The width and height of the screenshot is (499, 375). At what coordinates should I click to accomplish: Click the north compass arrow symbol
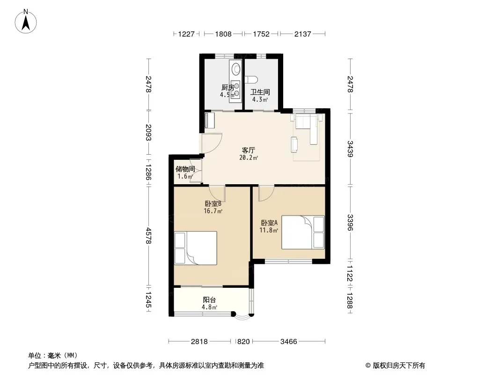point(26,22)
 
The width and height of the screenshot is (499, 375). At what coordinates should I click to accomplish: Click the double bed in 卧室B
point(196,248)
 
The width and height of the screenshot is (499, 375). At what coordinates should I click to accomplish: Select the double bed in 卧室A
point(303,232)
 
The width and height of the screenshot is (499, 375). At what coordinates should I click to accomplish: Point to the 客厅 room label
point(249,150)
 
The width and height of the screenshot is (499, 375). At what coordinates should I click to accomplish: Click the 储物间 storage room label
point(185,169)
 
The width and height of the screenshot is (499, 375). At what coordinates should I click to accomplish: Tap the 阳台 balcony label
point(209,300)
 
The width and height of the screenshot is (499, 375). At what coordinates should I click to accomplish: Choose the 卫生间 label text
point(260,92)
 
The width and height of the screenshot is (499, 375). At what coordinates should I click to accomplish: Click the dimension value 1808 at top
point(223,34)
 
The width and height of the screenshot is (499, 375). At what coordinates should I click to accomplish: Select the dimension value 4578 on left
point(148,236)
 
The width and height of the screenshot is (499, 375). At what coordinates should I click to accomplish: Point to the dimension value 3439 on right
point(350,149)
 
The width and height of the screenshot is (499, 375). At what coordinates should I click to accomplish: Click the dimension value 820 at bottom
point(243,342)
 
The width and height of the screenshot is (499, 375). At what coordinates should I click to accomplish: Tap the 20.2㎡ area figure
point(249,157)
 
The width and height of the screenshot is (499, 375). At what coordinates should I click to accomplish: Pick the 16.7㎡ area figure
point(213,211)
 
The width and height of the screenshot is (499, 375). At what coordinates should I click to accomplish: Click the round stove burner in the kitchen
point(236,69)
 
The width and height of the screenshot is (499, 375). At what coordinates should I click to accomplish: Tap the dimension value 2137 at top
point(302,34)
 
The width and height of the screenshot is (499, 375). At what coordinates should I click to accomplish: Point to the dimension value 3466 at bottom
point(289,342)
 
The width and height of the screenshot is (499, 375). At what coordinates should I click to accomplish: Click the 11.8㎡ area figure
point(269,230)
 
